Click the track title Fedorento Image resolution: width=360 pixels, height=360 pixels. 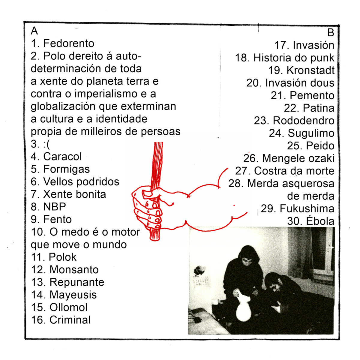[x=69, y=43]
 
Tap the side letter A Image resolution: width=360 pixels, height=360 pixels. [x=34, y=31]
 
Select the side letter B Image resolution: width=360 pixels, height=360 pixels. [x=331, y=32]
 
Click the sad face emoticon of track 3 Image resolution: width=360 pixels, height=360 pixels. [x=47, y=144]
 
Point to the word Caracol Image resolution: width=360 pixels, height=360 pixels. [x=62, y=156]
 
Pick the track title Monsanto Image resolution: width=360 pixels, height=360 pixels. [x=74, y=270]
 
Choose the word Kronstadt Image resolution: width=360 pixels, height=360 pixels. [x=310, y=70]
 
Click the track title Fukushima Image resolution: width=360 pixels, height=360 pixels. [x=307, y=208]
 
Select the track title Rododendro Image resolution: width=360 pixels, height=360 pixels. [x=304, y=121]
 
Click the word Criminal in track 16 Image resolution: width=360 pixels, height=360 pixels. [x=70, y=320]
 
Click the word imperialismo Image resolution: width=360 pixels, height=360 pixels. [x=106, y=94]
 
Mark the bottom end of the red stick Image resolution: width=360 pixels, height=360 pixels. [x=155, y=240]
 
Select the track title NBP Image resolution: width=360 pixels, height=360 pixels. [x=55, y=207]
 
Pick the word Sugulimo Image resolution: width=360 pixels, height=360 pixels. [x=311, y=133]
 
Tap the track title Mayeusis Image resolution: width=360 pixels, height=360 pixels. [x=73, y=295]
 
